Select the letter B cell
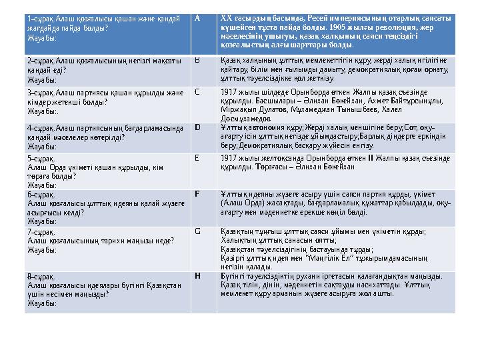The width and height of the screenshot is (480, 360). click(197, 60)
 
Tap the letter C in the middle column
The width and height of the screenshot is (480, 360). click(197, 91)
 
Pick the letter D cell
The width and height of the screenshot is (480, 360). click(197, 126)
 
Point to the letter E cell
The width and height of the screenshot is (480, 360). click(197, 158)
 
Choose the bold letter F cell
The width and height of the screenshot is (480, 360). click(197, 193)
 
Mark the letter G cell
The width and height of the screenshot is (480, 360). click(197, 231)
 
